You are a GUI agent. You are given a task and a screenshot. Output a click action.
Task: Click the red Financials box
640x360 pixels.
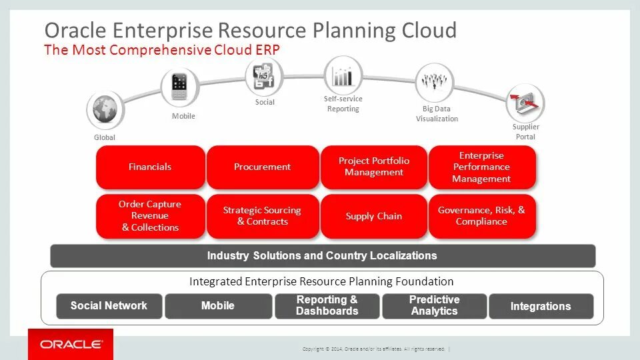tap(150, 167)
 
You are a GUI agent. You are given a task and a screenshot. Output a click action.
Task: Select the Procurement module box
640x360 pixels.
tap(262, 167)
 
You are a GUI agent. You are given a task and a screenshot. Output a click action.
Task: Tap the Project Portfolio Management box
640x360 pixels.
tap(373, 167)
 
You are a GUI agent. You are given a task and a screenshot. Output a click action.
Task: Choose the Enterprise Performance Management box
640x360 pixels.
tap(481, 167)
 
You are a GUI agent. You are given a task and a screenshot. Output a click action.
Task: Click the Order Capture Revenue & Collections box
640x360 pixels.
tap(150, 216)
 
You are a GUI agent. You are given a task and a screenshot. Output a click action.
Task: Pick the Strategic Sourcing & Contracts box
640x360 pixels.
tap(262, 216)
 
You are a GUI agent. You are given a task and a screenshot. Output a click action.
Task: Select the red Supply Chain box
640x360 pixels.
tap(373, 216)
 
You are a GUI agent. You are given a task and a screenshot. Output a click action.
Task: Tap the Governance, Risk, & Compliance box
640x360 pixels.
tap(481, 216)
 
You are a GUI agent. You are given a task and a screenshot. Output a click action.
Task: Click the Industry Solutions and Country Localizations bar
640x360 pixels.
tap(323, 256)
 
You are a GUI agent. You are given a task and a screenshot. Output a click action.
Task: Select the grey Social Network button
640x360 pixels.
tap(109, 306)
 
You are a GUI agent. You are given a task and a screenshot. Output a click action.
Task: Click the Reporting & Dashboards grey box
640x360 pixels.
tap(327, 306)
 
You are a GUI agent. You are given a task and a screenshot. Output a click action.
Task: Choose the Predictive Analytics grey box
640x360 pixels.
tap(435, 306)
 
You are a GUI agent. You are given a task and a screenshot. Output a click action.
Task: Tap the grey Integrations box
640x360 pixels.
tap(541, 306)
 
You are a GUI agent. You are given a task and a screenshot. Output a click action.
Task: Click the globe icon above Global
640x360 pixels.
tap(105, 109)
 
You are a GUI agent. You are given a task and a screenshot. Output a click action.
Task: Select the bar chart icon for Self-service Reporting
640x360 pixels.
tap(343, 75)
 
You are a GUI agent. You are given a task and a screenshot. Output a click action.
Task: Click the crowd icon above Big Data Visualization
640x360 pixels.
tap(435, 83)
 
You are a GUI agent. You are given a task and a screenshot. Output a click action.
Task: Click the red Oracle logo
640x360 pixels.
tap(71, 344)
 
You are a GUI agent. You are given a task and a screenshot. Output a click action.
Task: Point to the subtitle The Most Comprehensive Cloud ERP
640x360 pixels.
tap(161, 50)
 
